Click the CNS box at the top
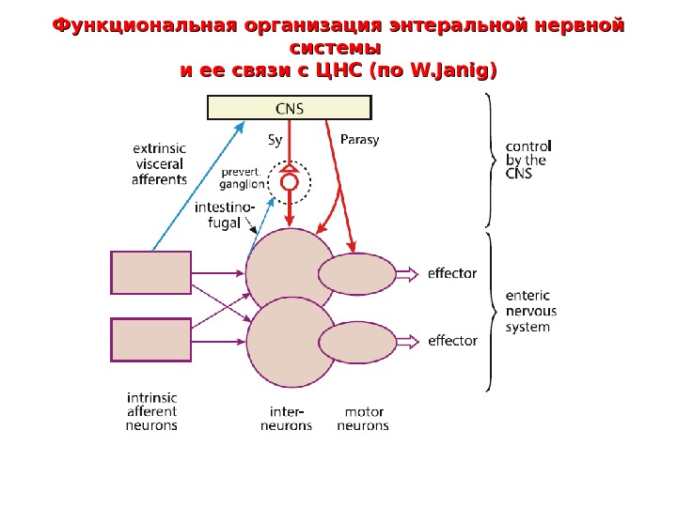click(289, 108)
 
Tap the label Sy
click(275, 140)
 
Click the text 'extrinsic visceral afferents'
click(159, 163)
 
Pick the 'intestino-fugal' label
click(224, 215)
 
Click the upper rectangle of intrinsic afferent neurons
click(150, 272)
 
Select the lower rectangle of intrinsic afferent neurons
click(150, 340)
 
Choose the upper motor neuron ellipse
click(357, 274)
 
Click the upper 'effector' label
click(452, 274)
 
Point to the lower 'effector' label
click(452, 341)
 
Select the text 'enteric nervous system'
click(531, 311)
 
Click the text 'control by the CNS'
click(528, 160)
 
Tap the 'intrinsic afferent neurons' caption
click(151, 411)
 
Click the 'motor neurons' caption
click(363, 419)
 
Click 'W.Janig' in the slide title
click(448, 69)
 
